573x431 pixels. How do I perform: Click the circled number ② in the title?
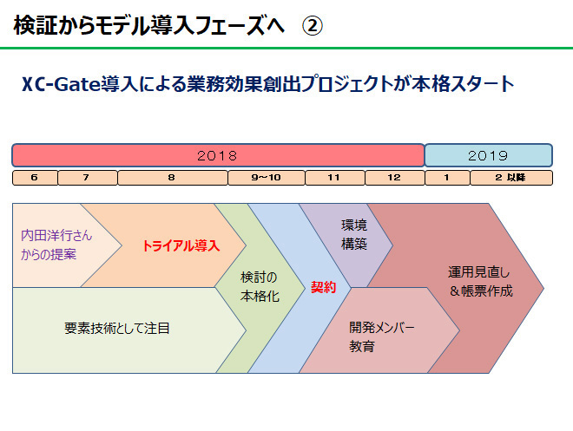[x=313, y=26]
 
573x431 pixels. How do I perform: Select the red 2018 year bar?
[x=218, y=155]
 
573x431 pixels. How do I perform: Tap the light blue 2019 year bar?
[x=488, y=155]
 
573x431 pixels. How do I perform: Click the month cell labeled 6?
[x=35, y=178]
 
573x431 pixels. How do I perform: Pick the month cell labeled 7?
[x=88, y=178]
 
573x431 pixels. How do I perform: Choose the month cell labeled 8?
[x=173, y=178]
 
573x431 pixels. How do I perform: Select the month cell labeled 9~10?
[x=267, y=178]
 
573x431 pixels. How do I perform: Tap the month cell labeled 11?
[x=335, y=178]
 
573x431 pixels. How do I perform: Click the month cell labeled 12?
[x=395, y=178]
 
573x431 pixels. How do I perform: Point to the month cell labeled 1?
[x=448, y=178]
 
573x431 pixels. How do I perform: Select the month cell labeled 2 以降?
[x=511, y=178]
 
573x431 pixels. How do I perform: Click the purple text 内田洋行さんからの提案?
[x=56, y=245]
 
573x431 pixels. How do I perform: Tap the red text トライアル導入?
[x=181, y=245]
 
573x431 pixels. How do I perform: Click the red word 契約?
[x=324, y=288]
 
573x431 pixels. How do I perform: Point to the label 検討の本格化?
[x=260, y=287]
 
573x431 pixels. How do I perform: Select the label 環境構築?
[x=353, y=234]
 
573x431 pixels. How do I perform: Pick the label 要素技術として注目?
[x=117, y=328]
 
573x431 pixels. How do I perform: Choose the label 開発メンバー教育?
[x=381, y=336]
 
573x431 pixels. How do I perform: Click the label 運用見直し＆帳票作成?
[x=480, y=282]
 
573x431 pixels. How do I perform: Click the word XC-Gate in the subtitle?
[x=61, y=84]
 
